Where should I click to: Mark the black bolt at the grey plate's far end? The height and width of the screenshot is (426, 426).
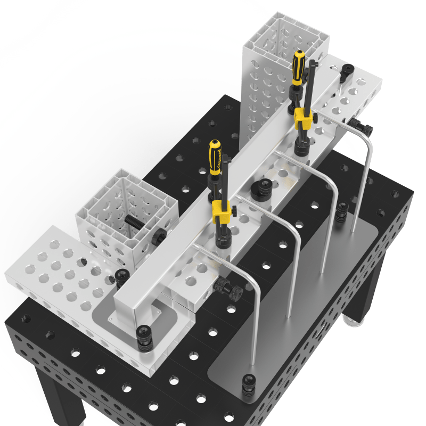342,210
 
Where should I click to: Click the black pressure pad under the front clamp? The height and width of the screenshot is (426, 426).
222,243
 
